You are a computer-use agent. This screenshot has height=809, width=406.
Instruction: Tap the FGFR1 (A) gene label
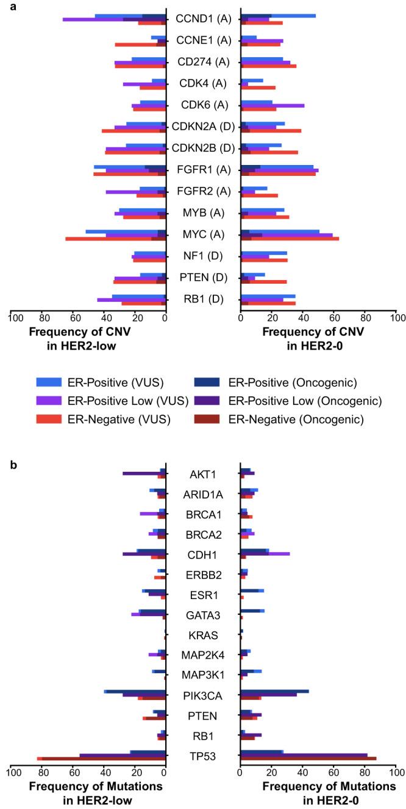coord(203,170)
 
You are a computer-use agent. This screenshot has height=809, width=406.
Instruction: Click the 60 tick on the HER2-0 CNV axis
coord(334,317)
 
